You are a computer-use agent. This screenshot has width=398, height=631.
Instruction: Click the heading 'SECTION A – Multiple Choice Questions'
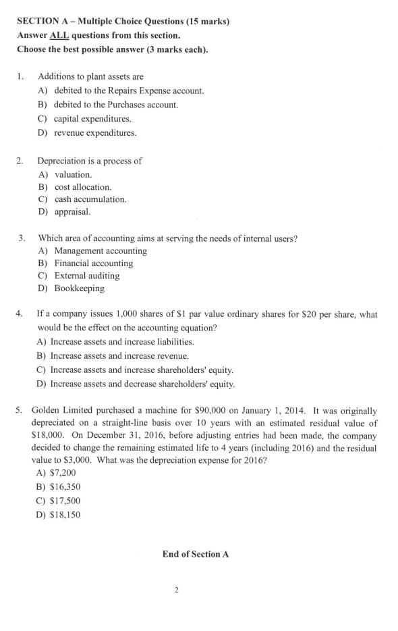coord(123,22)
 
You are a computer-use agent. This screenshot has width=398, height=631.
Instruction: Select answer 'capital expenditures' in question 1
coord(92,119)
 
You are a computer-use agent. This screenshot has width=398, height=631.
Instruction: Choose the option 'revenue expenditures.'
coord(95,132)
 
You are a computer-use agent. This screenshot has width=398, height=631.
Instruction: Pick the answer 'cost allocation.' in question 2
coord(83,186)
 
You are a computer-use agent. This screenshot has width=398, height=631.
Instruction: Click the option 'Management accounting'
coord(100,251)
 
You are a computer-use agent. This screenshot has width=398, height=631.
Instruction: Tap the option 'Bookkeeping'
coord(79,288)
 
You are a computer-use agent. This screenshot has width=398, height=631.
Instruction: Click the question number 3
coord(22,238)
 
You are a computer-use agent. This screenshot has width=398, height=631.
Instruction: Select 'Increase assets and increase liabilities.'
coord(127,342)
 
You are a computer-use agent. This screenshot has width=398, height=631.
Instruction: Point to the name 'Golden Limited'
coord(61,411)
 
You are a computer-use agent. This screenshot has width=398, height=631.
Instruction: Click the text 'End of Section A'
coord(196,554)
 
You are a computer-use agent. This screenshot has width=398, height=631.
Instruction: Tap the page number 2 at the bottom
coord(176,591)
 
